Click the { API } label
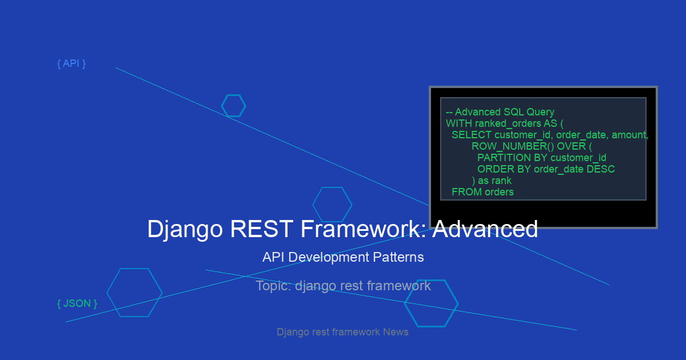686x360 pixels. pos(71,63)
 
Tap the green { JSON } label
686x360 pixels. pos(77,303)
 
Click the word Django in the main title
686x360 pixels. pos(185,229)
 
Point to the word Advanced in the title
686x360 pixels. pos(485,229)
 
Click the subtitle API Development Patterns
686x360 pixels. pos(343,257)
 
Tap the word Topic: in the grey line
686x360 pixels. pos(273,286)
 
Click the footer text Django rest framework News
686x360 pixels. pos(342,332)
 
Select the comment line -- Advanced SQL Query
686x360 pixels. pos(500,112)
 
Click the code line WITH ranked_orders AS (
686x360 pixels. pos(504,123)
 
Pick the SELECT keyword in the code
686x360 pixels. pos(471,135)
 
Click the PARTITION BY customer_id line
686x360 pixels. pos(542,158)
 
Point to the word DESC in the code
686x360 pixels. pos(601,169)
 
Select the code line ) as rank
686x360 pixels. pos(492,181)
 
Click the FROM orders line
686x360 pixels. pos(482,192)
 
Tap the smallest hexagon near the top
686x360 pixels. pos(222,106)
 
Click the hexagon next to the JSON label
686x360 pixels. pos(107,293)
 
